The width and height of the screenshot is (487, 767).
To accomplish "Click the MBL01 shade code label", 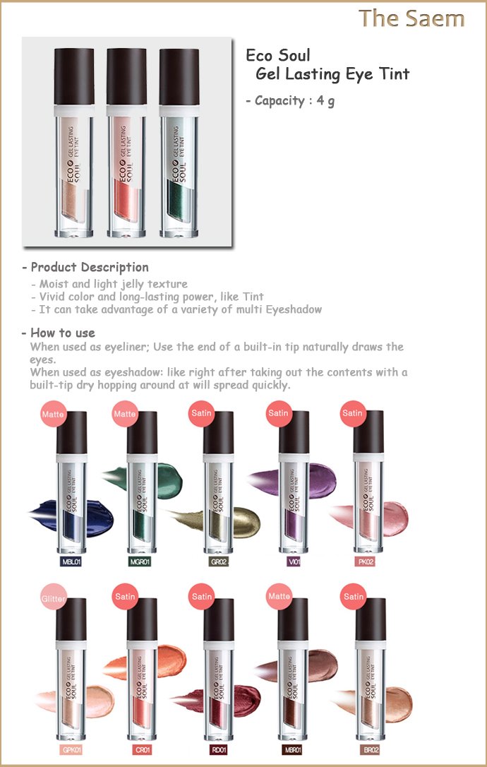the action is pos(71,561).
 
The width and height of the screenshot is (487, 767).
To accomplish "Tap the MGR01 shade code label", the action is pos(140,561).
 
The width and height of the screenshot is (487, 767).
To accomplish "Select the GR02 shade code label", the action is pos(219,561).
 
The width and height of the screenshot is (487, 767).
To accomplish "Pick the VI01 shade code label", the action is pos(294,561).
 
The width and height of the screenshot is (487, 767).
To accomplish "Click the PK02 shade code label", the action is pos(366,561).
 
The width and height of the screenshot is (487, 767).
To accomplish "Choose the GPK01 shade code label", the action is pos(71,749).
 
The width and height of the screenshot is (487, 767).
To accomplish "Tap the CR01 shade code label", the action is pos(143,749).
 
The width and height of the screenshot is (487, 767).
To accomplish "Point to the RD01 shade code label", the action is pos(219,749).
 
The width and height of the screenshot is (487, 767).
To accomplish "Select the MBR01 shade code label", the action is pos(293,749).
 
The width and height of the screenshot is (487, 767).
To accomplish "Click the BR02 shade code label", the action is pos(371,749).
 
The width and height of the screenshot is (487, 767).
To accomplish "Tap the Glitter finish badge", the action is pos(54,597).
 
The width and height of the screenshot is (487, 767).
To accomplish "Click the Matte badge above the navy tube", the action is pos(53,413).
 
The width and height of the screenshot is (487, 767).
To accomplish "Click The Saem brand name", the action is pos(411,18).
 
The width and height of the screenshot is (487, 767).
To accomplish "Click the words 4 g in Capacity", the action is pos(325,101).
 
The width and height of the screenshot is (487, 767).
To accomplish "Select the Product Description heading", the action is pos(85,267).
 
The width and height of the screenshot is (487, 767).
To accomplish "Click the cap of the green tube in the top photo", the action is pos(179,77).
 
